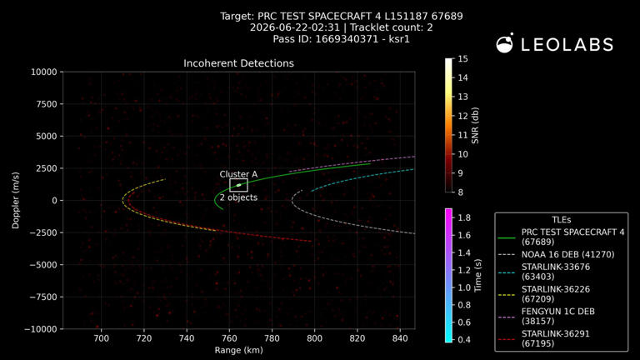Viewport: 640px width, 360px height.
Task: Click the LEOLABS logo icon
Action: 504,43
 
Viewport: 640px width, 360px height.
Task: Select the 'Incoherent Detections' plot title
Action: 238,63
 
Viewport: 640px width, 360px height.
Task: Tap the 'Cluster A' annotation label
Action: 238,174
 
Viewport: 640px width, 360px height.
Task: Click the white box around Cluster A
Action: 238,179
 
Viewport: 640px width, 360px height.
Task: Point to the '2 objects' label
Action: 239,197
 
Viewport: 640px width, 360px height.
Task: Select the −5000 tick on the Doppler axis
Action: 43,265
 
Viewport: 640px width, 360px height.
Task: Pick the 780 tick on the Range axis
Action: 272,338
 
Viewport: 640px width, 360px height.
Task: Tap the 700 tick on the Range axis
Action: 101,338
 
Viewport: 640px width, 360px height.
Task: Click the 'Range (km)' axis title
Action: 239,350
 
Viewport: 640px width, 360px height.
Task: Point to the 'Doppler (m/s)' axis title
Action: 16,200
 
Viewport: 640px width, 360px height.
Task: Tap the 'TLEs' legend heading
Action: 561,220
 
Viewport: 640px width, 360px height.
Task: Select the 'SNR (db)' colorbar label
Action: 475,125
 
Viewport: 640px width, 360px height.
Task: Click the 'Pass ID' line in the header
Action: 341,39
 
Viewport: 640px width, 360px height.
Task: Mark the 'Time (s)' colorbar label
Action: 477,275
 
